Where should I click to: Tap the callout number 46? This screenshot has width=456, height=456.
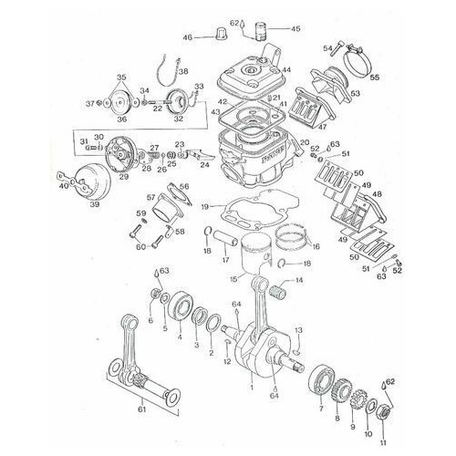(x=188, y=37)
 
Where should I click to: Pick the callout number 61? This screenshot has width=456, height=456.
(x=141, y=409)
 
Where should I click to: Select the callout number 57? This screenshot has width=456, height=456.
(x=151, y=196)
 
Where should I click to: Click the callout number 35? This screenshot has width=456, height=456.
(x=122, y=77)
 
